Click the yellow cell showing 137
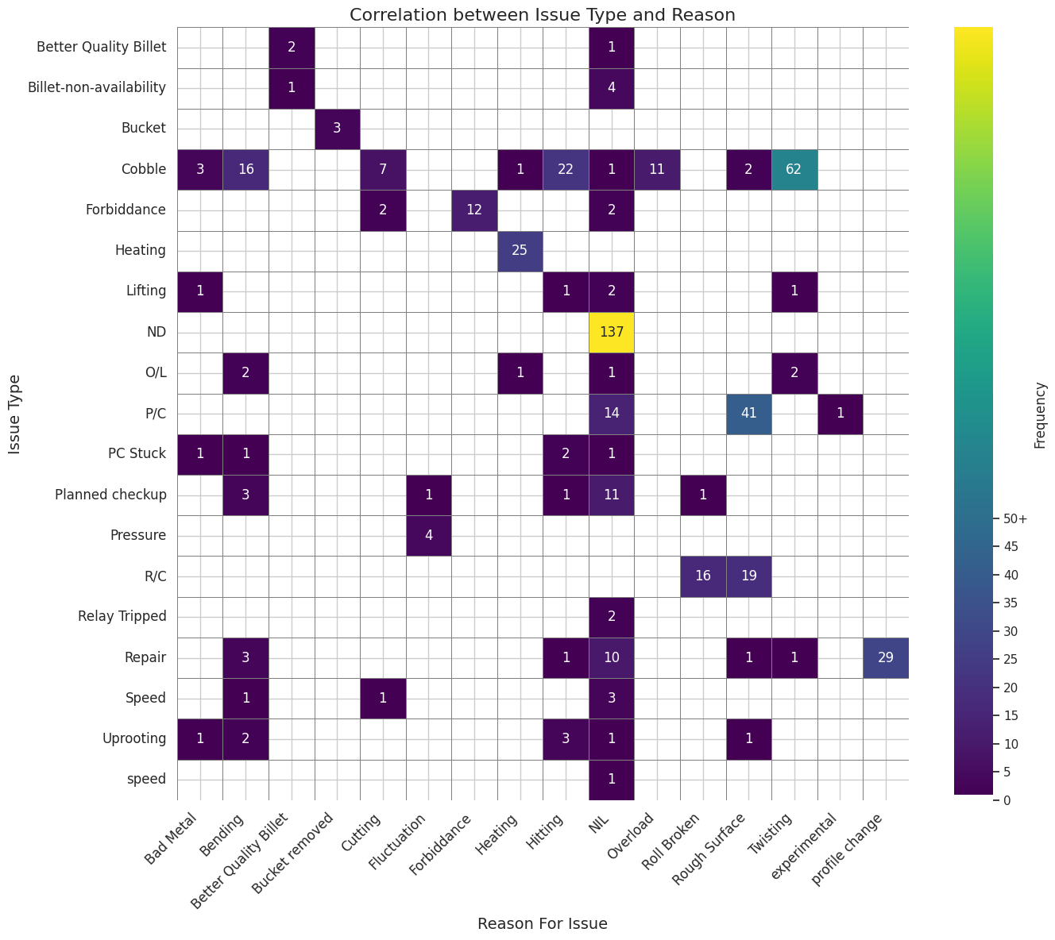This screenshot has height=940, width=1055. (x=612, y=332)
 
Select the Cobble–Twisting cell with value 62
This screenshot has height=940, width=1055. (x=794, y=169)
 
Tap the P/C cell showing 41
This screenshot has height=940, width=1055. (x=748, y=414)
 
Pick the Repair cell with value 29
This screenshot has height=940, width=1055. (x=886, y=657)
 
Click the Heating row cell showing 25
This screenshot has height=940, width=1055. (x=520, y=251)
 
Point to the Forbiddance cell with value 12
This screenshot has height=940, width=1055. (x=474, y=210)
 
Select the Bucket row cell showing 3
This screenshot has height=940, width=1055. (x=337, y=129)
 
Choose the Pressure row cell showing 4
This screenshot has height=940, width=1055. (x=428, y=535)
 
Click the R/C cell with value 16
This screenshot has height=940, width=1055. (x=703, y=576)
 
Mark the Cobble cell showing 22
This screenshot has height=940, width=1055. (x=566, y=169)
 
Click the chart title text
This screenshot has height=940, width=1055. (x=542, y=14)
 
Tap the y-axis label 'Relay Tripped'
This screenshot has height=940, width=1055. (x=122, y=616)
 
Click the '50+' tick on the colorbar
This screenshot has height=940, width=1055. (x=1015, y=518)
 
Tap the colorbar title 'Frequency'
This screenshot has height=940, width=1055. (x=1040, y=414)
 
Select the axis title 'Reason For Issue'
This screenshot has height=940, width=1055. (x=542, y=923)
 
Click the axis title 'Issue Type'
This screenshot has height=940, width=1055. (x=15, y=414)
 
